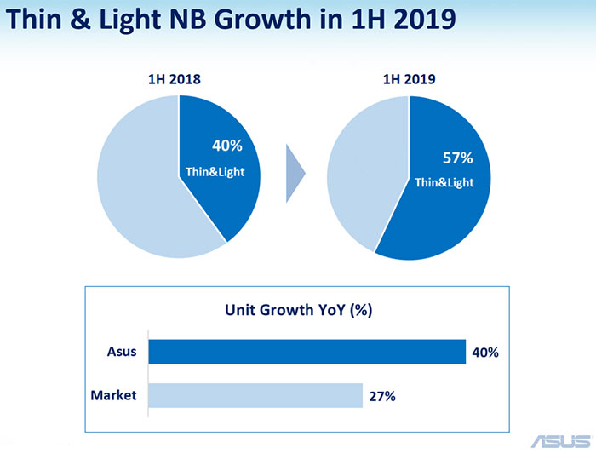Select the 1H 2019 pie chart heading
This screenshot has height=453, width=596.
[409, 81]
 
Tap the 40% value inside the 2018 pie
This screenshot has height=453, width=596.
[226, 146]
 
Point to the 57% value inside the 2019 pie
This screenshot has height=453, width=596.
[458, 158]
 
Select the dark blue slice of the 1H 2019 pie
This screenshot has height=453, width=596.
[443, 213]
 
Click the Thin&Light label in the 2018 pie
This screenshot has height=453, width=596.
[215, 172]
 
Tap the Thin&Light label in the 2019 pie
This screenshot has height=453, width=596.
[444, 182]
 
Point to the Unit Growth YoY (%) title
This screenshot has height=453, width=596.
[298, 310]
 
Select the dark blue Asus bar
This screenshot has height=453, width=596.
[307, 352]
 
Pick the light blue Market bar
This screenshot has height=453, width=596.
[255, 395]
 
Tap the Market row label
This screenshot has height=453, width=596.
[113, 394]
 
